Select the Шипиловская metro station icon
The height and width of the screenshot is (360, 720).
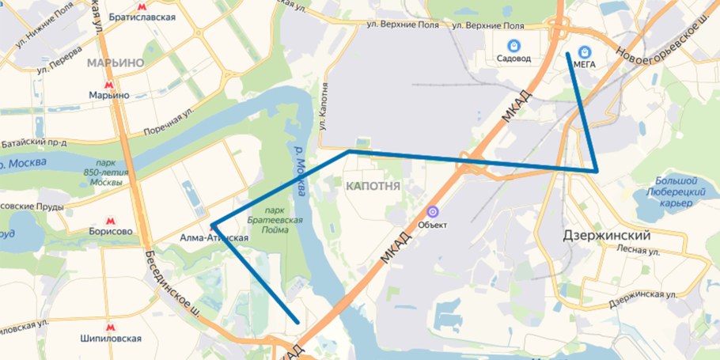tap(110, 325)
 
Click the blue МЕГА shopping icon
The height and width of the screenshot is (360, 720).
tap(585, 51)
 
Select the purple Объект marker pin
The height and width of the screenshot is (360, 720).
tap(432, 212)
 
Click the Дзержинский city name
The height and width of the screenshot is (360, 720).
tap(606, 236)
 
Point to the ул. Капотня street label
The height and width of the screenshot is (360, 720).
tap(322, 110)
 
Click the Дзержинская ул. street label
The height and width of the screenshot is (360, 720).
tap(644, 299)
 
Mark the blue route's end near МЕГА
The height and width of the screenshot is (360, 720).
tap(568, 54)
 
